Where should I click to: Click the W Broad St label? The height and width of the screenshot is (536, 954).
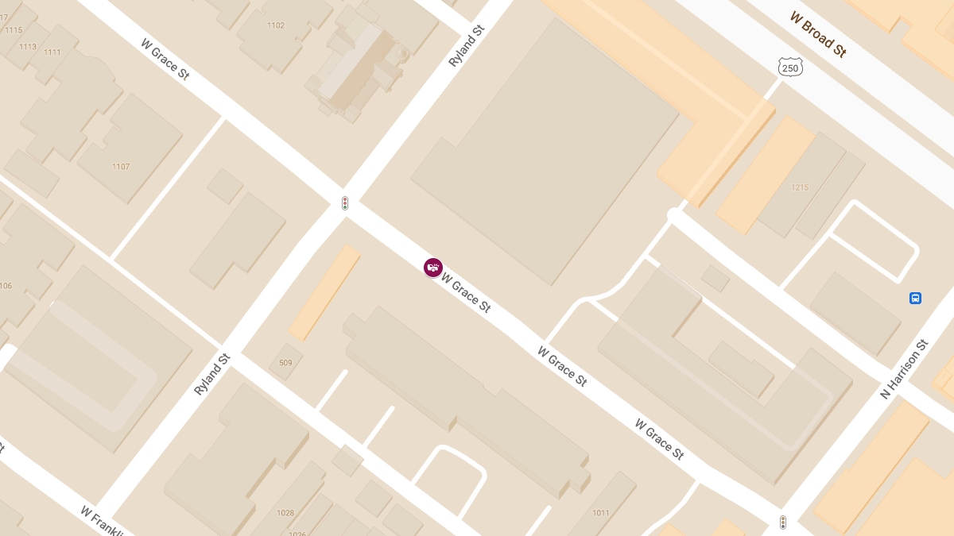tap(818, 34)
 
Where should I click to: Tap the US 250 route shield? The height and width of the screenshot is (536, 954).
tap(790, 68)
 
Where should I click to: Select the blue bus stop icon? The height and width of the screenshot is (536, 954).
tap(915, 298)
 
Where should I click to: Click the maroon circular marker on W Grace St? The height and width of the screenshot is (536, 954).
tap(432, 268)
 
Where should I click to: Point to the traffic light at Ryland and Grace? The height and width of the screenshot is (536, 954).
tap(345, 203)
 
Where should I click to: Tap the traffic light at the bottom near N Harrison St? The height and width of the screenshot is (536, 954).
tap(783, 522)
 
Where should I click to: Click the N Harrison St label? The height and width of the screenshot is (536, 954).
tap(904, 369)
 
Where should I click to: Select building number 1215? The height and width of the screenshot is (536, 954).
tap(800, 187)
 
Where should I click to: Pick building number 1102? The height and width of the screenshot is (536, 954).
tap(276, 25)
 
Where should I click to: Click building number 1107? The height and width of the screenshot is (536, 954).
tap(121, 167)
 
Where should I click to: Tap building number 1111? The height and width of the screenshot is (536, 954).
tap(52, 52)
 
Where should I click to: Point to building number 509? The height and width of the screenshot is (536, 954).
tap(285, 363)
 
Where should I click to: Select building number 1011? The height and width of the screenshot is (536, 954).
tap(600, 513)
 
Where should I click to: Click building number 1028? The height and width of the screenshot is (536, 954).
tap(285, 513)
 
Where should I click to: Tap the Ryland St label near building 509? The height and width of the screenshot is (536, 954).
tap(211, 375)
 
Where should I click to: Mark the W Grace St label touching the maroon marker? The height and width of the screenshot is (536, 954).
tap(466, 294)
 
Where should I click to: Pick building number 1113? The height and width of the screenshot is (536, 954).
tap(28, 47)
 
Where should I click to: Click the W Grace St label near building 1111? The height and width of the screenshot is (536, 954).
tap(165, 60)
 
